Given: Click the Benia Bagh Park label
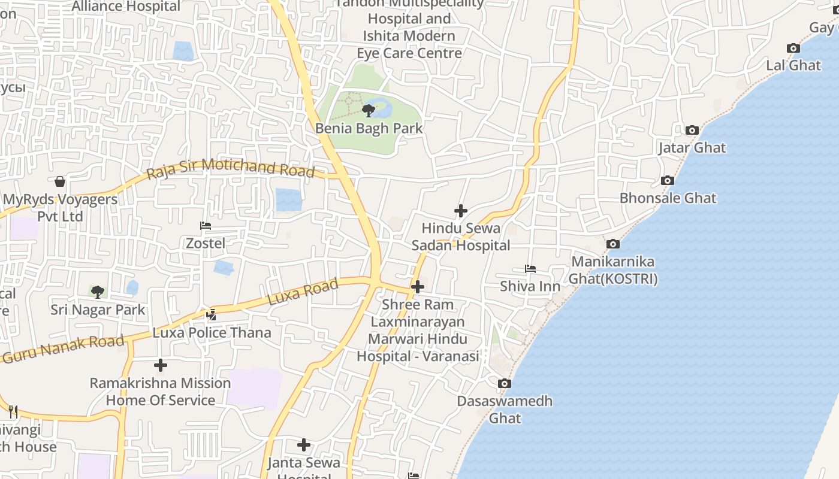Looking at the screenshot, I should click(369, 128).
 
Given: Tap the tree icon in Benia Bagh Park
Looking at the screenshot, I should click(369, 110).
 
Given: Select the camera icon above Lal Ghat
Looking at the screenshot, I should click(793, 48).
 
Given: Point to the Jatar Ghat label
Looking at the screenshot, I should click(692, 147).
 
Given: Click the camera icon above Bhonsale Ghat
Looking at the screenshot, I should click(667, 180).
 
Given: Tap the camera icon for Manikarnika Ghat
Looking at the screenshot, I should click(612, 244).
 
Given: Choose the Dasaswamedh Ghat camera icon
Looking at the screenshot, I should click(505, 383).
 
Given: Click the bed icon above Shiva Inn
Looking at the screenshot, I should click(530, 269).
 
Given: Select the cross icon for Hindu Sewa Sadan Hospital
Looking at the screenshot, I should click(460, 211).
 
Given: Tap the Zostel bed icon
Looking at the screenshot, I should click(206, 226).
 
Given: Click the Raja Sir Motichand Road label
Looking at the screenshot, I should click(231, 168).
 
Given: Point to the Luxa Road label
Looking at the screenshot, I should click(303, 293).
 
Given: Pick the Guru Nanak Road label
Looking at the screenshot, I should click(63, 348).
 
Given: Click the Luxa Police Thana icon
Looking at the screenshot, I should click(211, 314).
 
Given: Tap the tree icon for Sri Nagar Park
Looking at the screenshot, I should click(98, 292).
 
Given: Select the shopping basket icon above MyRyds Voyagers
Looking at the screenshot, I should click(60, 181).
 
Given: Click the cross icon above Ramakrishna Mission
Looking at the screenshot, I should click(160, 365).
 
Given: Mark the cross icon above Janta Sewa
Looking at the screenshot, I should click(304, 444).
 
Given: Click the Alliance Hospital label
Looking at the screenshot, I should click(126, 7).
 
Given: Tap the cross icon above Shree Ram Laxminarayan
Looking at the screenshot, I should click(417, 287).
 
